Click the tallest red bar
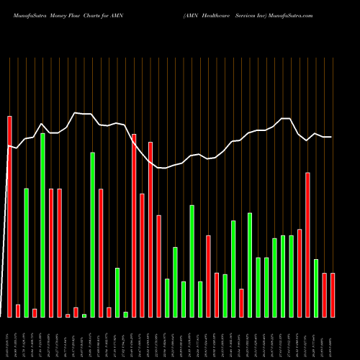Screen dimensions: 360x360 pyautogui.click(x=9, y=216)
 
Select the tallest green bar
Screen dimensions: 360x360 pyautogui.click(x=42, y=225)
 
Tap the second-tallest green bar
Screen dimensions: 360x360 pyautogui.click(x=92, y=234)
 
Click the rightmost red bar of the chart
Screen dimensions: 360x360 pyautogui.click(x=333, y=295)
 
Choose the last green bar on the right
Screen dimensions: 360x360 pyautogui.click(x=316, y=288)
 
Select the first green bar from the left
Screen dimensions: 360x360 pyautogui.click(x=26, y=252)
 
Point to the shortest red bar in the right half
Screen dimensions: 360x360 pyautogui.click(x=241, y=302)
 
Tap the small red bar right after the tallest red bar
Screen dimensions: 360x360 pyautogui.click(x=18, y=310)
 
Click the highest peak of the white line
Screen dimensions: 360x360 pyautogui.click(x=76, y=113)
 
